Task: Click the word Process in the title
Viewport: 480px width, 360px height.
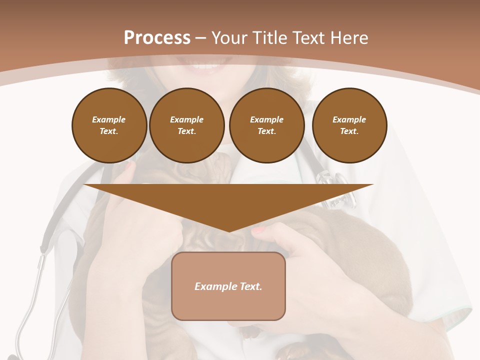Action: [x=157, y=38]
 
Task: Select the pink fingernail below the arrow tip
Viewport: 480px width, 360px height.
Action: [x=258, y=230]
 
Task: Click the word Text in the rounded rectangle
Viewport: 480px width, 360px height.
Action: [x=251, y=286]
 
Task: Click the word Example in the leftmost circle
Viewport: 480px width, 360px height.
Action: [x=109, y=120]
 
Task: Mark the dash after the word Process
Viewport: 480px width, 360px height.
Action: [x=200, y=38]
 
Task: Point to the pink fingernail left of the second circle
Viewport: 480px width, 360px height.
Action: [x=129, y=166]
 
